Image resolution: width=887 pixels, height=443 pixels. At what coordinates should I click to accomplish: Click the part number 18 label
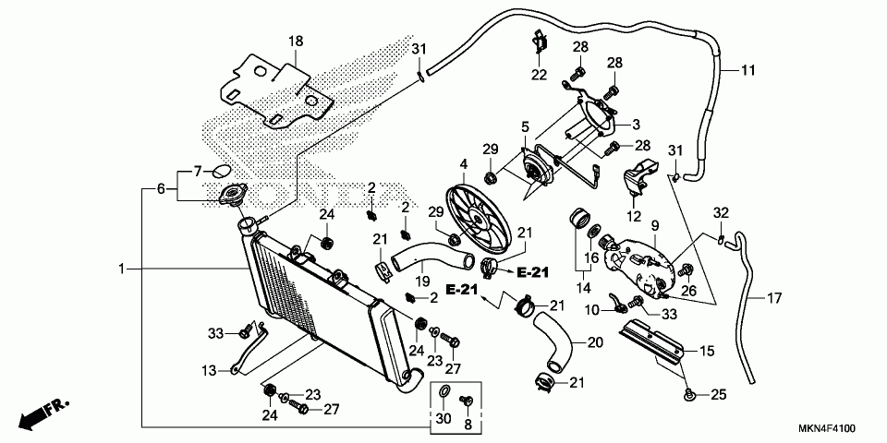coord(295,41)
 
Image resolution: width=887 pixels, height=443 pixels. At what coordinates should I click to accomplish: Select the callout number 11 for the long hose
coord(748,70)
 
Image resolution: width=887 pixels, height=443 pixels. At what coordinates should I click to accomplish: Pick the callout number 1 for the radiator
coord(121,269)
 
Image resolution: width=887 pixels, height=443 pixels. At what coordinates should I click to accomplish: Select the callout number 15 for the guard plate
coord(707,351)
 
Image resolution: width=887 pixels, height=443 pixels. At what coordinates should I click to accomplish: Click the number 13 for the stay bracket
coord(210,370)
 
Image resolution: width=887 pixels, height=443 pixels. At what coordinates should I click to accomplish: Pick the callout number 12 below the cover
coord(634,216)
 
